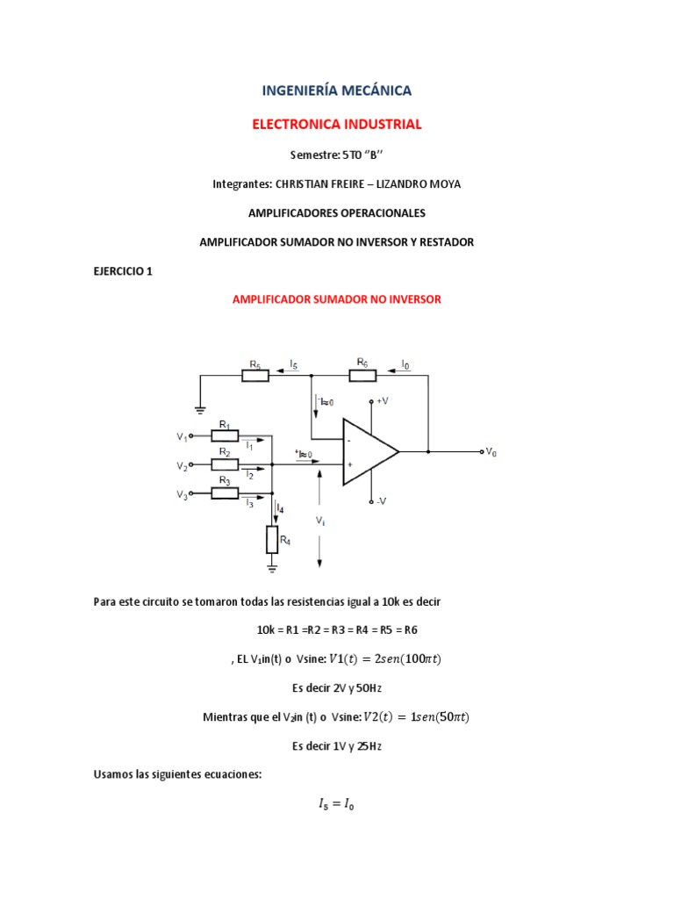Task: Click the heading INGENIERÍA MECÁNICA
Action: pos(337,90)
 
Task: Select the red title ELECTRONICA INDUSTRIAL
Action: pos(337,125)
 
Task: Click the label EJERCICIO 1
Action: pos(123,271)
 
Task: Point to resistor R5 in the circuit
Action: pos(255,376)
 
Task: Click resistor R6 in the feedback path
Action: pos(362,376)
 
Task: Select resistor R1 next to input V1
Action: pos(225,435)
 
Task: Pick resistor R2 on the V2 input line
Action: pos(225,464)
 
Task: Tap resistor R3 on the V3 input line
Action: pos(225,493)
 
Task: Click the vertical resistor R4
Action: pos(272,540)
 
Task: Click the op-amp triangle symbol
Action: pos(369,451)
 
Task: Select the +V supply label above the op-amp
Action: pos(384,401)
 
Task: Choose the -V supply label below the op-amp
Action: pos(382,501)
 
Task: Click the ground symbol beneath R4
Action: pos(272,568)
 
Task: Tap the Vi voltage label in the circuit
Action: pos(321,520)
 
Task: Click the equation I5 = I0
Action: pos(337,803)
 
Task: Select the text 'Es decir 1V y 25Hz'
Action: pos(337,745)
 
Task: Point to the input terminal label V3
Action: pos(182,494)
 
